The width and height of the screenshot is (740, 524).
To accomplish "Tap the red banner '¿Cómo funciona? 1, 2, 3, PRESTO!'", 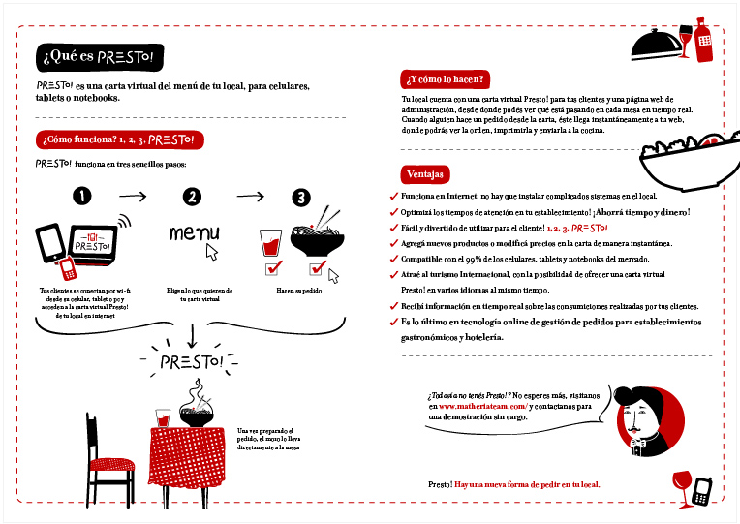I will [119, 139].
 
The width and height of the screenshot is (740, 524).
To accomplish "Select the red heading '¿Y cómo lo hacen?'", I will [447, 79].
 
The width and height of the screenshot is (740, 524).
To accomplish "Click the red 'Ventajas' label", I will [426, 175].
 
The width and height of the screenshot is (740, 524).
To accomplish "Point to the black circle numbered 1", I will [82, 197].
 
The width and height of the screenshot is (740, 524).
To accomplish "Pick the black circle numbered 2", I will [193, 197].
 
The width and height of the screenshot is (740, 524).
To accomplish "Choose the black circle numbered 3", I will [301, 197].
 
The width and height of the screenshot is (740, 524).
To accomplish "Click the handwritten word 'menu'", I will [193, 233].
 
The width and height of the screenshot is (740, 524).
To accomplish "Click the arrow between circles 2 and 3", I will [250, 197].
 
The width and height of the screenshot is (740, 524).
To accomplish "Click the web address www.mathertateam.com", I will [482, 407].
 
